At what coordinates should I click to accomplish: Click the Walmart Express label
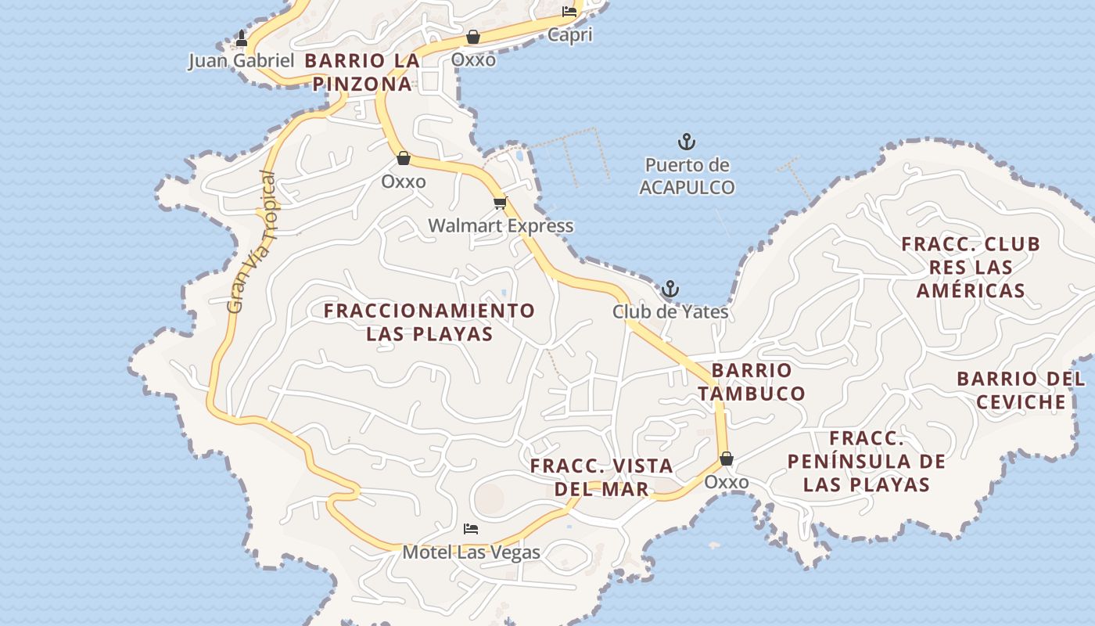pos(501,226)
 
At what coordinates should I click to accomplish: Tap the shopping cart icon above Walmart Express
pos(500,203)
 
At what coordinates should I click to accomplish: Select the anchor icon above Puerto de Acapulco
pos(686,142)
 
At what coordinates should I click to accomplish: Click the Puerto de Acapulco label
pos(687,177)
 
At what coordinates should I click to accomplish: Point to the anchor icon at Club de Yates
pos(670,290)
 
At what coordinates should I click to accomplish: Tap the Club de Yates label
pos(670,312)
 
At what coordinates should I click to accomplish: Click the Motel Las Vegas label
pos(471,552)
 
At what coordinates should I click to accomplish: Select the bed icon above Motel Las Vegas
pos(471,530)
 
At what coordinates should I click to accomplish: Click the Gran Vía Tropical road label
pos(253,243)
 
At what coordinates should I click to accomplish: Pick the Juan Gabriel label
pos(241,61)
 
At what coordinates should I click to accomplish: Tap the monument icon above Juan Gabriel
pos(242,38)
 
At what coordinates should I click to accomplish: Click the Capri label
pos(569,34)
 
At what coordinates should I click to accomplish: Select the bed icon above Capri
pos(569,12)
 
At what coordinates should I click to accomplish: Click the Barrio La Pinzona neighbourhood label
pos(362,72)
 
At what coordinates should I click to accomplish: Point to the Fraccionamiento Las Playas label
pos(429,322)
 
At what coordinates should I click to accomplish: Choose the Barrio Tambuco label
pos(752,382)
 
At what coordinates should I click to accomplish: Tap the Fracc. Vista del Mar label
pos(601,477)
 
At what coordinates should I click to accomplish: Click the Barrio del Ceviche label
pos(1021,390)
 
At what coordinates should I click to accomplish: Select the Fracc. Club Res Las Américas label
pos(971,267)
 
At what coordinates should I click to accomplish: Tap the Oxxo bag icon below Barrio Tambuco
pos(727,459)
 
